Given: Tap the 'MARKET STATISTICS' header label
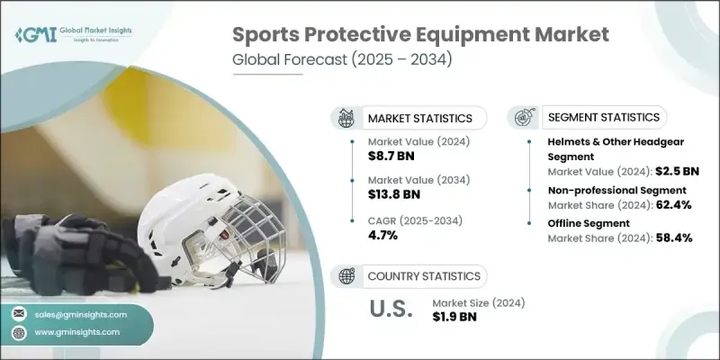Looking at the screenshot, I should coord(419,118).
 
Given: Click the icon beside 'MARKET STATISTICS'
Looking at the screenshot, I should coord(346,118).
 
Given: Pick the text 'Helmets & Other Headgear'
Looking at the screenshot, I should coord(612,142).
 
